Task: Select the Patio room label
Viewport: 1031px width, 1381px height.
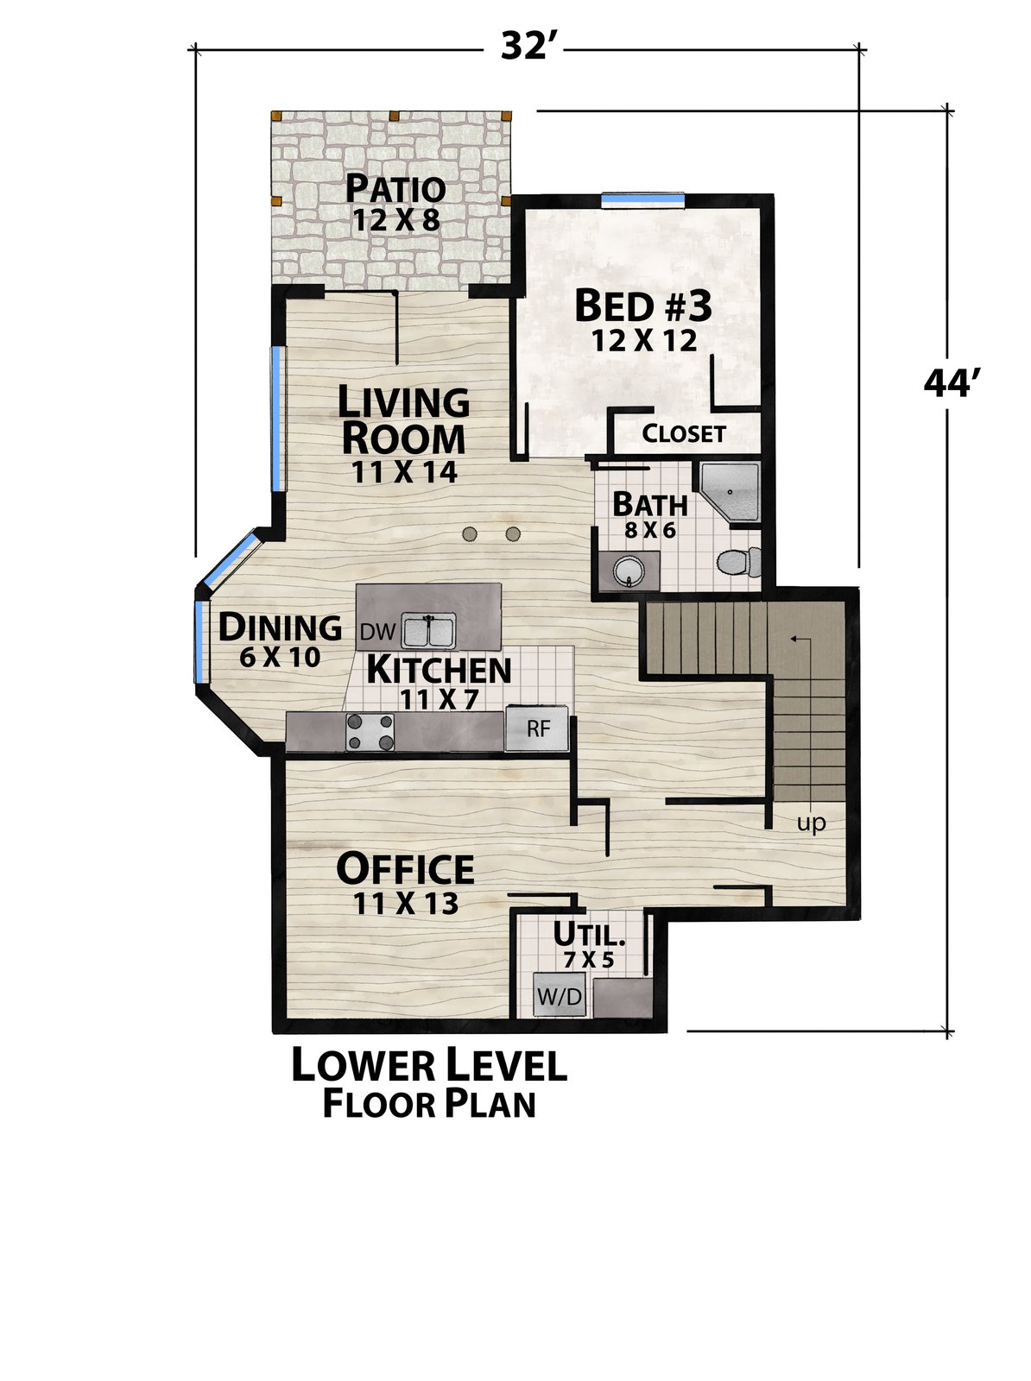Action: (395, 187)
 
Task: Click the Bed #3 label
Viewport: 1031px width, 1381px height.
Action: (642, 306)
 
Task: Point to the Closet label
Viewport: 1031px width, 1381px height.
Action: (684, 433)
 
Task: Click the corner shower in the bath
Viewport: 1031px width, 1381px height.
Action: (730, 491)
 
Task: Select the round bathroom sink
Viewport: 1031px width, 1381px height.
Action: (629, 571)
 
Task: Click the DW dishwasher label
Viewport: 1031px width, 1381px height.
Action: (377, 632)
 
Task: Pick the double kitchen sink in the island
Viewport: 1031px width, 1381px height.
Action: (429, 630)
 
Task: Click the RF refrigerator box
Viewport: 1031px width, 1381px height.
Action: (537, 728)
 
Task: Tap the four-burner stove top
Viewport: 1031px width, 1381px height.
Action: (370, 732)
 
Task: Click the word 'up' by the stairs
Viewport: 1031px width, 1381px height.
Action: (811, 823)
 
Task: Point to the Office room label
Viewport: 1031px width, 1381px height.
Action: (405, 869)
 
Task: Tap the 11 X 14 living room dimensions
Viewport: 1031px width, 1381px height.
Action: (403, 472)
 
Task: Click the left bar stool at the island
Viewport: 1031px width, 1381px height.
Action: (469, 534)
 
